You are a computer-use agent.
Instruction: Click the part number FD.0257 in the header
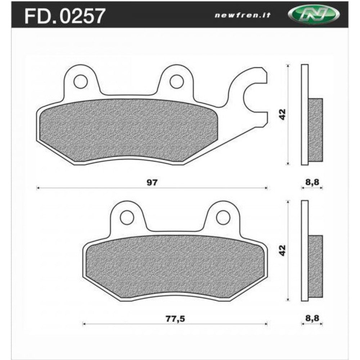coord(64,15)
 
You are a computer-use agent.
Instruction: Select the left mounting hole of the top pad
coord(80,81)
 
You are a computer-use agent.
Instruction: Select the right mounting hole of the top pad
coord(176,81)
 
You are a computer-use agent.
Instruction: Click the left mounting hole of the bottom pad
coord(127,217)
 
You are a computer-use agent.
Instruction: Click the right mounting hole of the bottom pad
coord(223,217)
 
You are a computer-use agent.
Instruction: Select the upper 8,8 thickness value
coord(312,183)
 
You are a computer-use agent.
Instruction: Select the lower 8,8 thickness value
coord(312,319)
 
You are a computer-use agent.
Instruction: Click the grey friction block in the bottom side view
coord(316,266)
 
